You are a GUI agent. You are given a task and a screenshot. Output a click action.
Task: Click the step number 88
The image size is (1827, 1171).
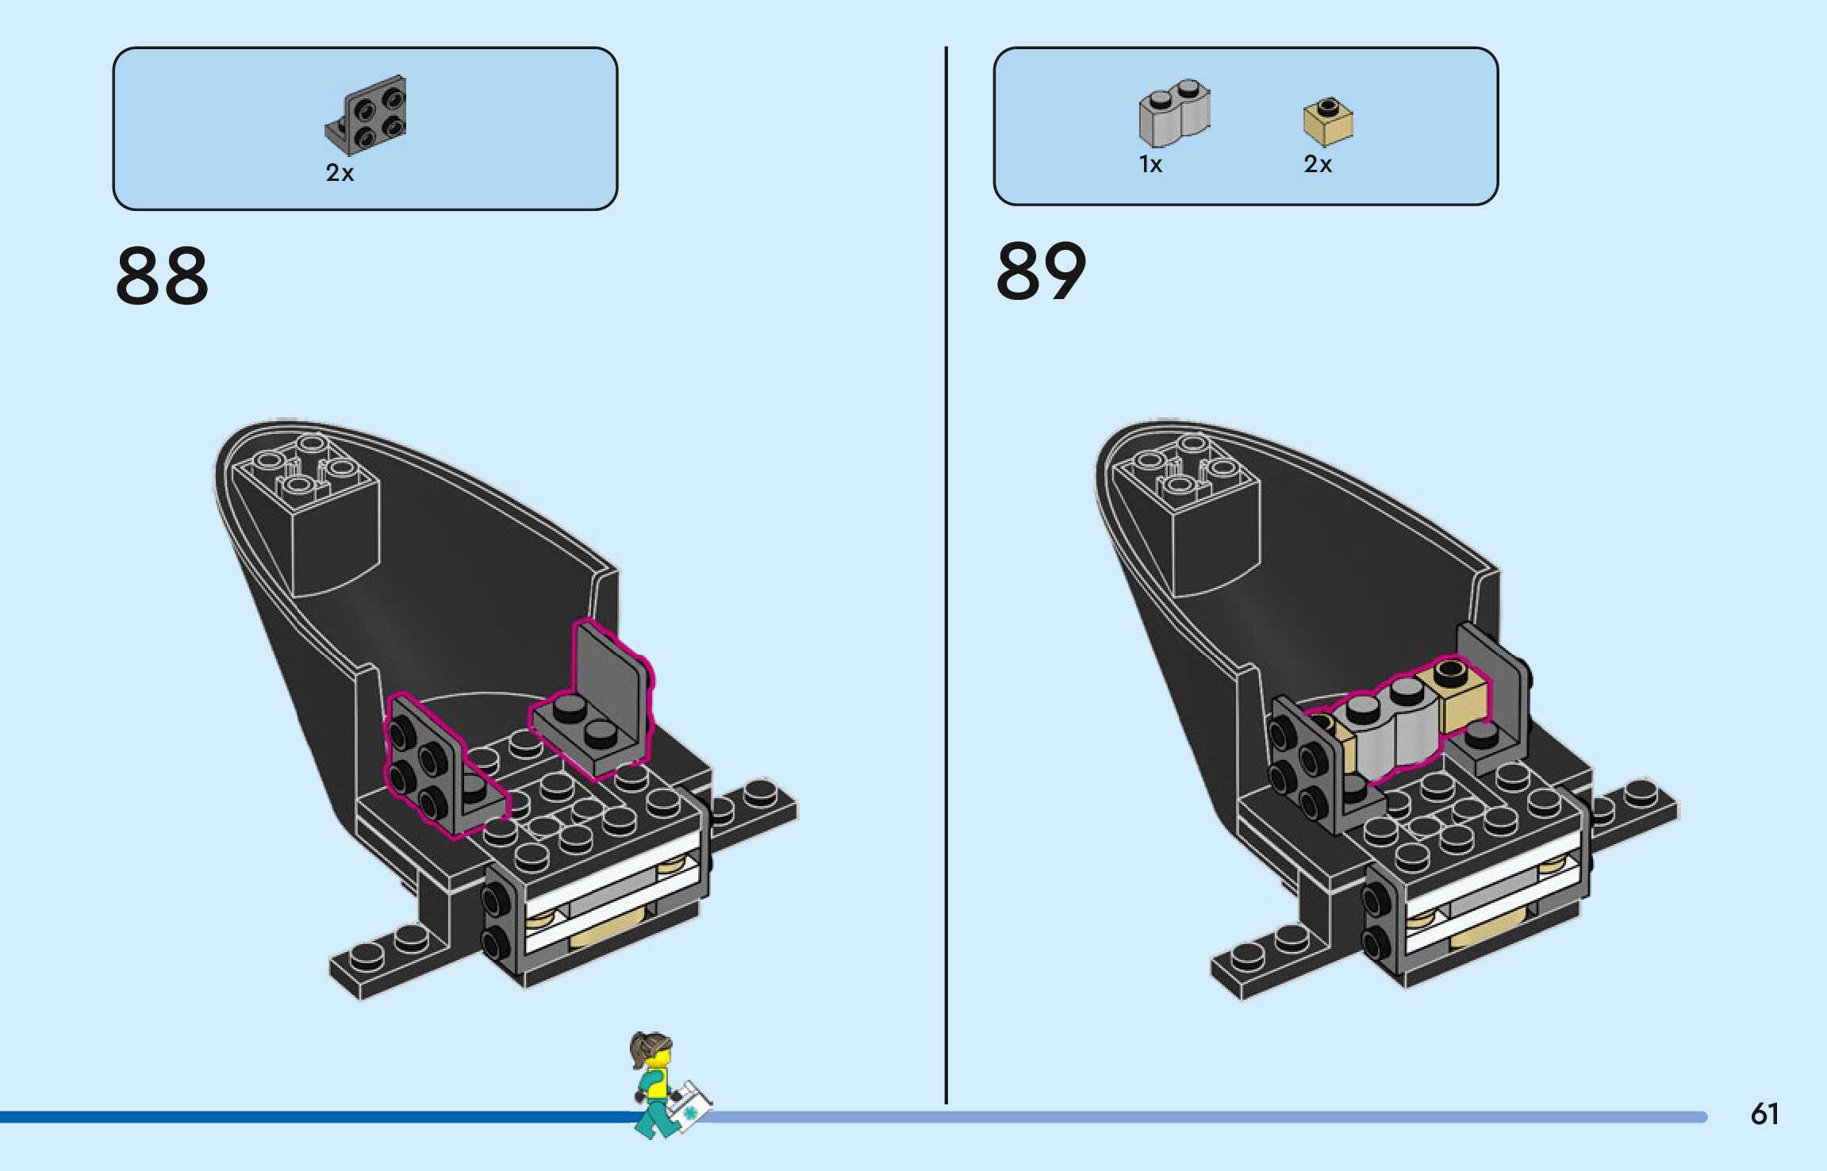(162, 275)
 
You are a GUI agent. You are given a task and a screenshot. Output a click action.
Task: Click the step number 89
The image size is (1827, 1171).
(1041, 272)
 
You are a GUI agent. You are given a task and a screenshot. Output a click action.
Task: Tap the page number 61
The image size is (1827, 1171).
(1764, 1114)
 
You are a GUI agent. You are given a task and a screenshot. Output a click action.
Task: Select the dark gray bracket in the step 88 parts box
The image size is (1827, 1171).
(367, 115)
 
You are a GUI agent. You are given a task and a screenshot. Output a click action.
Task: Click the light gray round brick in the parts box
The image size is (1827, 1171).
(1174, 113)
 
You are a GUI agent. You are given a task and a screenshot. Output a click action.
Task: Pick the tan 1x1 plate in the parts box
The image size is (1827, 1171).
(1328, 122)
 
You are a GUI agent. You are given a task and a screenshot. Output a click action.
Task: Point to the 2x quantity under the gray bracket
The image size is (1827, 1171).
(340, 173)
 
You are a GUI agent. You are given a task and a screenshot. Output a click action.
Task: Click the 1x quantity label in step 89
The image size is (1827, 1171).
(1150, 164)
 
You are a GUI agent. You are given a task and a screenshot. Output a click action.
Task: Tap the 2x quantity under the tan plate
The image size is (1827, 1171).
(1318, 164)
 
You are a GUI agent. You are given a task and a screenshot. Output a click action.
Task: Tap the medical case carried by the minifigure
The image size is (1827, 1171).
(689, 1104)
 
